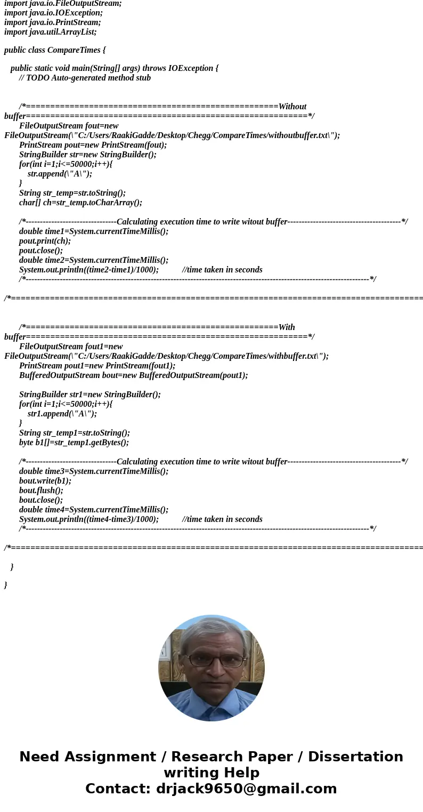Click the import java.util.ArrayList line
point(51,32)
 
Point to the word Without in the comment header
point(292,107)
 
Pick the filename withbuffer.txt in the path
point(294,356)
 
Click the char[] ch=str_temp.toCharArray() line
point(80,203)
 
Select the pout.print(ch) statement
point(45,241)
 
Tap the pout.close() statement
point(41,251)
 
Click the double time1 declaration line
point(94,231)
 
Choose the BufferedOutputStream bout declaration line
point(133,375)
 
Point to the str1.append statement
point(62,414)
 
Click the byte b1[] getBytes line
point(74,443)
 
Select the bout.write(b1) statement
point(45,481)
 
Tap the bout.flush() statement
point(41,491)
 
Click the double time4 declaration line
point(94,510)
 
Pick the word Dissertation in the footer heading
point(355,757)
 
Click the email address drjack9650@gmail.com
point(246,789)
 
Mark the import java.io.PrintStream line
point(52,22)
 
